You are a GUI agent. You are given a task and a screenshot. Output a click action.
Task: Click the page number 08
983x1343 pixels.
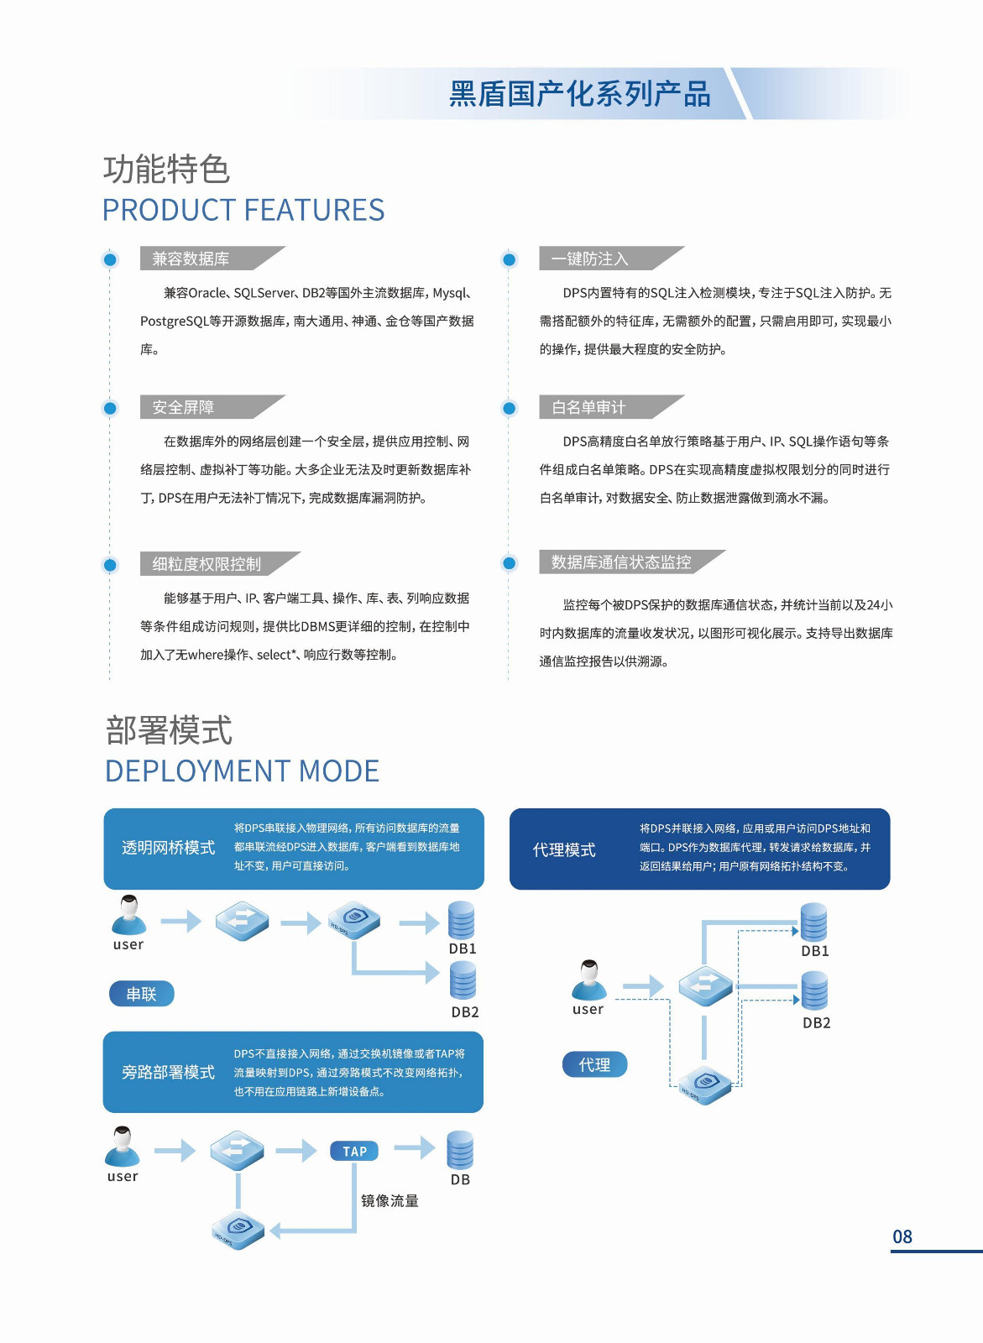(902, 1236)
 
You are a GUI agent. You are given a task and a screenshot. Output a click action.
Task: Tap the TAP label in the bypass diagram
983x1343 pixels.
(354, 1151)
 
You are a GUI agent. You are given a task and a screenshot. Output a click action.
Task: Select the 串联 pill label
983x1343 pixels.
(141, 994)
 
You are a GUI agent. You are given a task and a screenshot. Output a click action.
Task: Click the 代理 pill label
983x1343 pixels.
(594, 1064)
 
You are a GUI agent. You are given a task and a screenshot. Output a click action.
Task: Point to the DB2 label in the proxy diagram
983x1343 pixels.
(816, 1022)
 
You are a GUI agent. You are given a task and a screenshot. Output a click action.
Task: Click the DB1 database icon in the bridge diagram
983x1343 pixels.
(462, 920)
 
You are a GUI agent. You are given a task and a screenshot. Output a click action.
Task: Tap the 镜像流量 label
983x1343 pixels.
(390, 1200)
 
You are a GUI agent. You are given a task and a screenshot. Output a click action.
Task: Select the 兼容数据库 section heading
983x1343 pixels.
(191, 259)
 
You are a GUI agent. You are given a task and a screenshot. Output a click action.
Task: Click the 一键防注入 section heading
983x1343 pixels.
(589, 259)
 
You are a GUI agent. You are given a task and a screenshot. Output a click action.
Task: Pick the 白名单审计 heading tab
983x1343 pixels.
(588, 407)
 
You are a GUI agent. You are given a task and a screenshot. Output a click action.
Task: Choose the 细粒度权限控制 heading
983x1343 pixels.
(207, 564)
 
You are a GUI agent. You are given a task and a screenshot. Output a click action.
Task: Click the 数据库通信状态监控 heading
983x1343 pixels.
(620, 562)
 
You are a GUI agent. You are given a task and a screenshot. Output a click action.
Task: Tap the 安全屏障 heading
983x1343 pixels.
(183, 407)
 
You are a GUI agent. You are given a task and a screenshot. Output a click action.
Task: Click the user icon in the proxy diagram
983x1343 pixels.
(589, 980)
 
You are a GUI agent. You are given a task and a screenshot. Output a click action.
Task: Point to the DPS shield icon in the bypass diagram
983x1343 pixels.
(238, 1231)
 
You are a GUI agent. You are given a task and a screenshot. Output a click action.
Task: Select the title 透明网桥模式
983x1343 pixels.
(168, 848)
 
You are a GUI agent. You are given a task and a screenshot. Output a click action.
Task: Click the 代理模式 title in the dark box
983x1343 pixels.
(564, 849)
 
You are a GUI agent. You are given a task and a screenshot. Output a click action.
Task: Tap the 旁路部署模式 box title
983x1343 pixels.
(168, 1072)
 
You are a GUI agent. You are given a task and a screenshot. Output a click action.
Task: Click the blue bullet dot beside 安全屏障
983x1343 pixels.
(110, 409)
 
